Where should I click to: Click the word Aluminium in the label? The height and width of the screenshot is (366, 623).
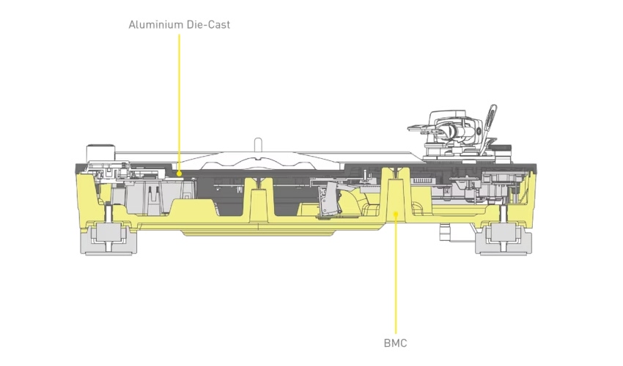point(154,25)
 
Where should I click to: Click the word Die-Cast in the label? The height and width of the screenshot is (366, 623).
point(207,25)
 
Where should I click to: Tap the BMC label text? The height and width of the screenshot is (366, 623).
point(395,343)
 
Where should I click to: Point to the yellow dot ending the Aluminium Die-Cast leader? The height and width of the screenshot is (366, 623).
point(179,173)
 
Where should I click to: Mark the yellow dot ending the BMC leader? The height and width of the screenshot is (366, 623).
point(396,214)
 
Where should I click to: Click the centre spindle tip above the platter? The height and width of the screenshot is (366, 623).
point(258,141)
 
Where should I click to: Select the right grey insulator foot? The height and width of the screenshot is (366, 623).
point(504,239)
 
